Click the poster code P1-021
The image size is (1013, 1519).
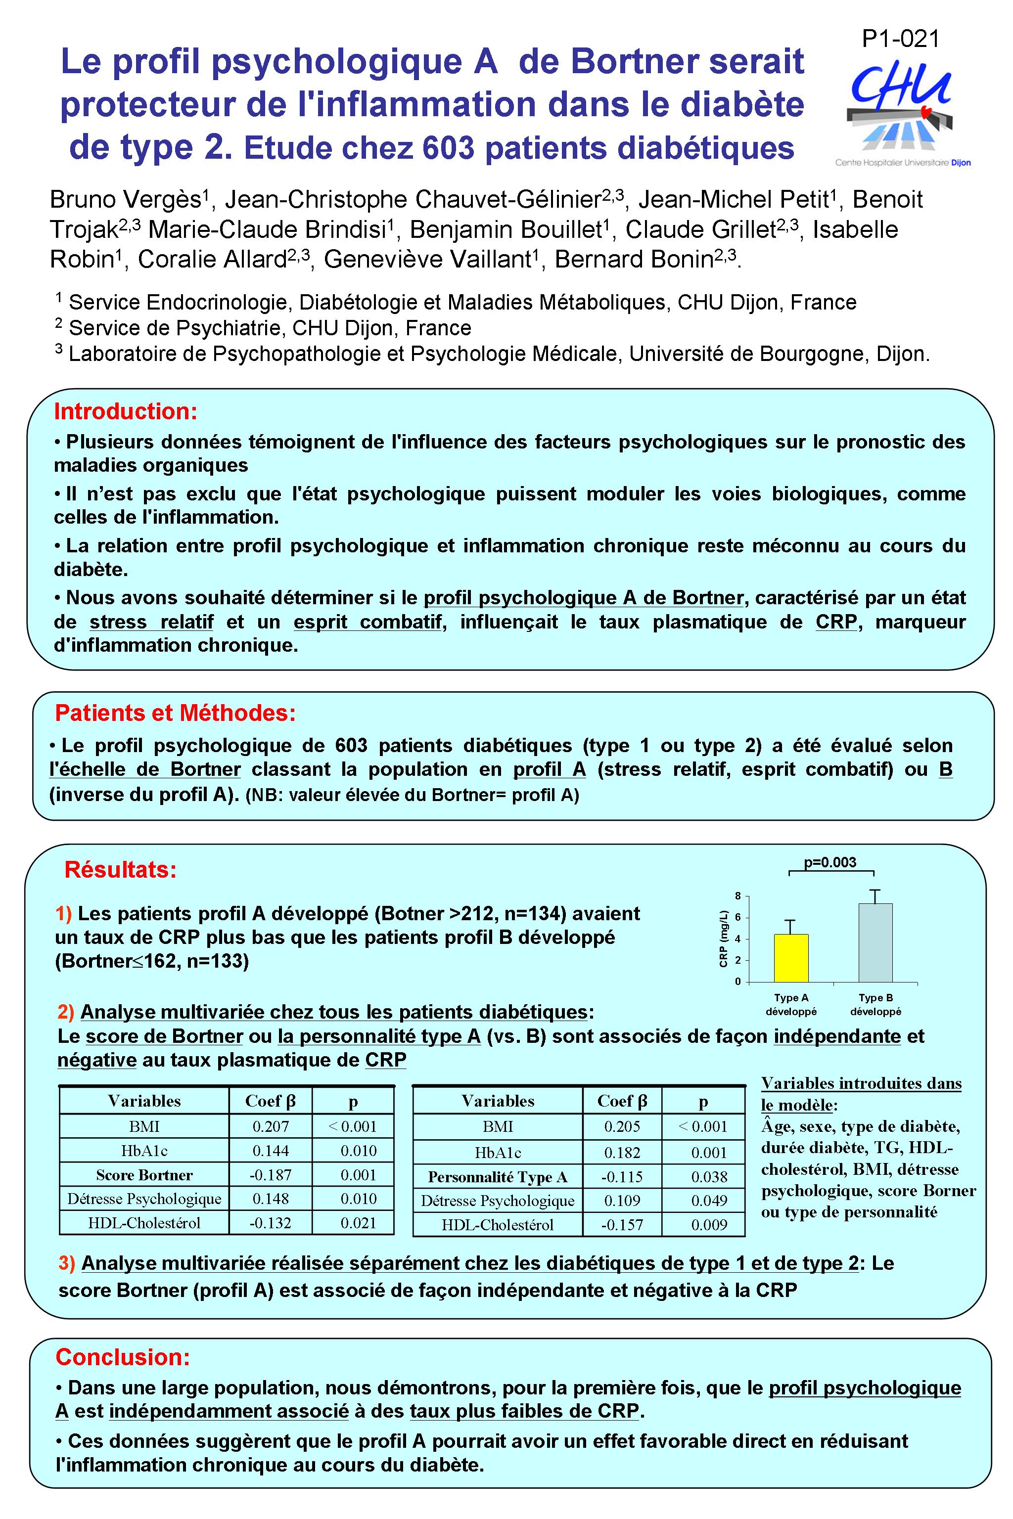point(901,40)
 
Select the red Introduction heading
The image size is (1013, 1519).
point(125,411)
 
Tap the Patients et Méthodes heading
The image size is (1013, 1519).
point(175,713)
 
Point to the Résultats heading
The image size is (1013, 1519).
point(120,870)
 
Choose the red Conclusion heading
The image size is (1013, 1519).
point(123,1357)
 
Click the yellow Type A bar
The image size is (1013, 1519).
point(791,958)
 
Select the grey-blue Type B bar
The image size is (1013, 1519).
point(875,943)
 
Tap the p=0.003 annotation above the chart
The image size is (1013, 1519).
point(830,862)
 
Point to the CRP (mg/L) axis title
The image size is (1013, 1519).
point(724,938)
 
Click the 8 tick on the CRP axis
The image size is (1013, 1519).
point(738,896)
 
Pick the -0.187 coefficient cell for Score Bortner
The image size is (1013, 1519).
point(271,1175)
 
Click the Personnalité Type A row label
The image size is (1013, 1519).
point(498,1177)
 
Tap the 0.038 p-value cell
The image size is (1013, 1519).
point(709,1177)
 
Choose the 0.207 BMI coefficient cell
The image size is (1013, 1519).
point(271,1126)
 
